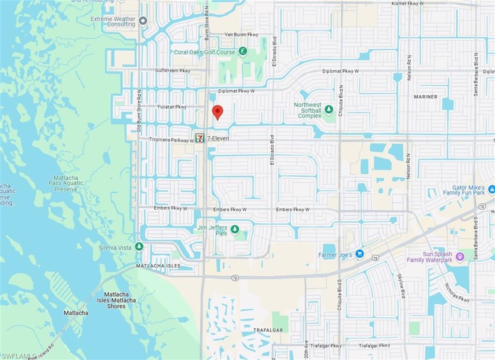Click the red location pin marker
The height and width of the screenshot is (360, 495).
pyautogui.click(x=218, y=111)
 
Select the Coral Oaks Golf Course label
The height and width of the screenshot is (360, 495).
pyautogui.click(x=204, y=52)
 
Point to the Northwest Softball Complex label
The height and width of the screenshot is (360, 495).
pyautogui.click(x=307, y=110)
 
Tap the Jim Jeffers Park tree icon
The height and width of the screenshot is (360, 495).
pyautogui.click(x=235, y=229)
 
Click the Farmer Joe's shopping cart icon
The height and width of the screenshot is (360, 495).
pyautogui.click(x=359, y=253)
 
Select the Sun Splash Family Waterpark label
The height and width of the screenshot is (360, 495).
pyautogui.click(x=429, y=257)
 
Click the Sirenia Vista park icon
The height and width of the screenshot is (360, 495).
pyautogui.click(x=139, y=247)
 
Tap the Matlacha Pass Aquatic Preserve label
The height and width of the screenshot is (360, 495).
pyautogui.click(x=66, y=184)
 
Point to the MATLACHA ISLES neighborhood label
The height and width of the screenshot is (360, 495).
pyautogui.click(x=158, y=266)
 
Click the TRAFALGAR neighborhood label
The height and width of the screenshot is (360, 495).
pyautogui.click(x=264, y=330)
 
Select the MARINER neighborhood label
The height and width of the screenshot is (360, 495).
pyautogui.click(x=425, y=97)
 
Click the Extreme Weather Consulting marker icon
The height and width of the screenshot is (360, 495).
pyautogui.click(x=143, y=21)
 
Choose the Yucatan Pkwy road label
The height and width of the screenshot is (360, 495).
pyautogui.click(x=172, y=107)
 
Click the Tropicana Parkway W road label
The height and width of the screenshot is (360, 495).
pyautogui.click(x=171, y=140)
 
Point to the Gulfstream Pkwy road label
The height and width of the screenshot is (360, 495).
pyautogui.click(x=173, y=71)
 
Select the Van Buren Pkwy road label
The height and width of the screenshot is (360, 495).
pyautogui.click(x=242, y=35)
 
